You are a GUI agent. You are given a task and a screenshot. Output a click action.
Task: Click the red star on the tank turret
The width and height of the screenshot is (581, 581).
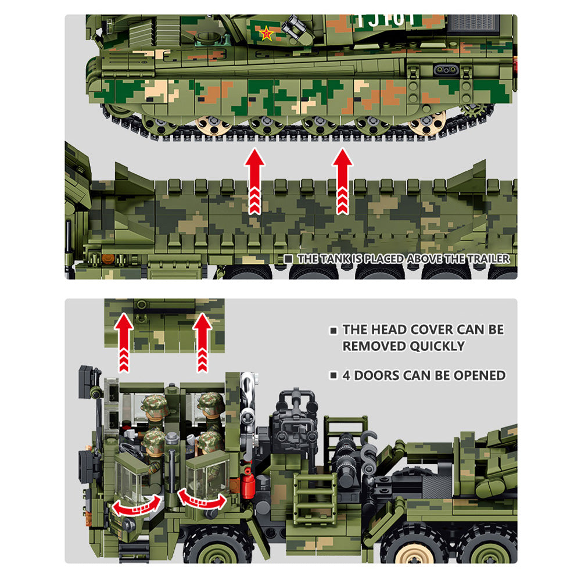(267, 34)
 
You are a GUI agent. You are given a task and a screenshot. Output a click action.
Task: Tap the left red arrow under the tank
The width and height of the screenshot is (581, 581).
(254, 181)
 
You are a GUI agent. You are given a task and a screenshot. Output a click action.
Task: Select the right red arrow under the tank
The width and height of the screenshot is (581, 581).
(343, 181)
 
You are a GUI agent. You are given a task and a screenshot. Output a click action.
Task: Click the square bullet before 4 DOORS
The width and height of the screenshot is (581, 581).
(333, 376)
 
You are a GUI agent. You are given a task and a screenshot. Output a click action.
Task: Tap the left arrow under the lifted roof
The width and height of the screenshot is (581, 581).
(124, 342)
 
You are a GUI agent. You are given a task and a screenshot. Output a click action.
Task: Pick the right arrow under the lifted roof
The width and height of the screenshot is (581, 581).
(202, 342)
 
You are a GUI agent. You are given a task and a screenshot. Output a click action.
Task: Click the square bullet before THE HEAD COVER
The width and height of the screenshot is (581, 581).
(333, 330)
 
